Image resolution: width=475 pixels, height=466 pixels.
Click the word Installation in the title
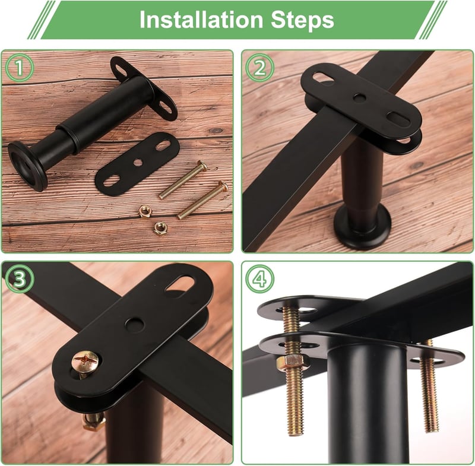201,20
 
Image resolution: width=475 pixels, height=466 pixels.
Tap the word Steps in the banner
302,21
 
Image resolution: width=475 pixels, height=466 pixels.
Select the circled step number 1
20,68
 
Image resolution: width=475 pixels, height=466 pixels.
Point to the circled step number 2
259,68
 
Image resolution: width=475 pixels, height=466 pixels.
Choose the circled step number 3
20,279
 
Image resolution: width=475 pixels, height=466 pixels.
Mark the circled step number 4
259,279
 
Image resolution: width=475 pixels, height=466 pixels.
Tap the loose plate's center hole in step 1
138,162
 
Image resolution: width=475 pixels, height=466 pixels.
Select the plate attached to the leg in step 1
143,88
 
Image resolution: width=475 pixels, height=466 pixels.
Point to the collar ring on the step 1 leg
69,132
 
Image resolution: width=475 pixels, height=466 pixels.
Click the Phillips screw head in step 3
85,362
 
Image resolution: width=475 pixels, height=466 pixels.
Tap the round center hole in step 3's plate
135,325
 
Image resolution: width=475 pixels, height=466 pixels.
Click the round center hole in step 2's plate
359,97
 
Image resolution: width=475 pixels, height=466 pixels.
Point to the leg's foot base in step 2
362,225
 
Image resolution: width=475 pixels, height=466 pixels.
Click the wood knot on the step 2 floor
417,165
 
